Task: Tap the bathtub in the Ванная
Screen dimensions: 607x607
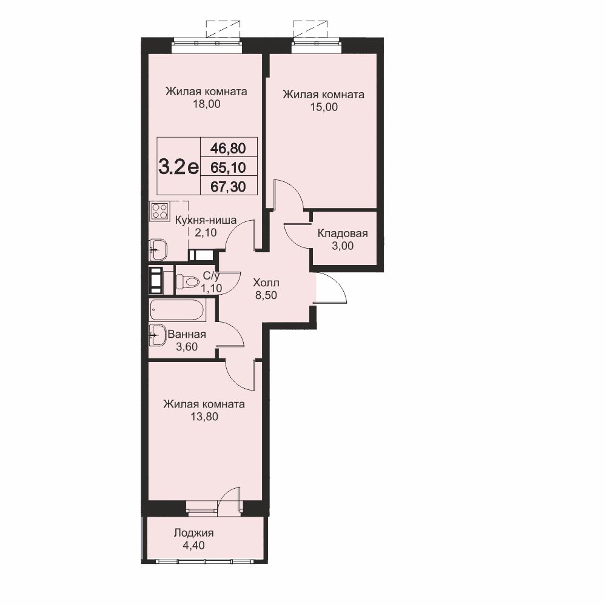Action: tap(177, 310)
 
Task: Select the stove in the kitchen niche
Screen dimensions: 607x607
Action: tap(159, 212)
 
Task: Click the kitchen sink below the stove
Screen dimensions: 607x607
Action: tap(158, 249)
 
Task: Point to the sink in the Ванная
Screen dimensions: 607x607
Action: tap(158, 335)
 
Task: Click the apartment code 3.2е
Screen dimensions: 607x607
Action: tap(178, 167)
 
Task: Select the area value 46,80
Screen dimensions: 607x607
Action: tap(229, 148)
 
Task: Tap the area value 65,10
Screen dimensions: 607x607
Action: tap(229, 167)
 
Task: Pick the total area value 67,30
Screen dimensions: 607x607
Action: tap(229, 187)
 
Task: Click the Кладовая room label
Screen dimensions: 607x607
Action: tap(343, 233)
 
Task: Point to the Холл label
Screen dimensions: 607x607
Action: tap(266, 283)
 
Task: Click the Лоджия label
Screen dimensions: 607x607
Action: tap(193, 533)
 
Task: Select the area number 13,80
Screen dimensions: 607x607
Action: tap(204, 417)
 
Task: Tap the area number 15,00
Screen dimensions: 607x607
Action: tap(324, 107)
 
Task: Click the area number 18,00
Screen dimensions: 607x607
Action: tap(207, 104)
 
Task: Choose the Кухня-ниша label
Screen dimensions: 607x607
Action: tap(206, 220)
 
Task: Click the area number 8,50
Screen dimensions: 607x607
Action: tap(266, 295)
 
